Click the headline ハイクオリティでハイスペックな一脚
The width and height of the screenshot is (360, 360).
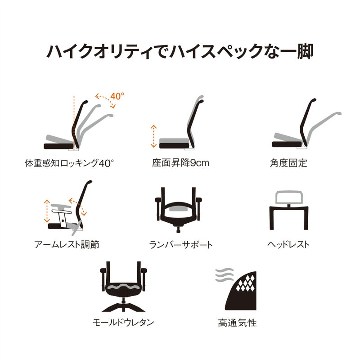pyautogui.click(x=180, y=51)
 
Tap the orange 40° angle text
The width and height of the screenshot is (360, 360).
pyautogui.click(x=117, y=96)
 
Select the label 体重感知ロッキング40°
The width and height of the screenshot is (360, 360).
pyautogui.click(x=69, y=163)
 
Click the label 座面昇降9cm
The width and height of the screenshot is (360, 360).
pyautogui.click(x=180, y=163)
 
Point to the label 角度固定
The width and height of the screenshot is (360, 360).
pyautogui.click(x=288, y=163)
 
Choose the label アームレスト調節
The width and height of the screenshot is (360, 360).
pyautogui.click(x=67, y=244)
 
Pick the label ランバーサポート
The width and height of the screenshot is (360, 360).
pyautogui.click(x=181, y=245)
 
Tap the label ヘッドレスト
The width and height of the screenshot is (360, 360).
pyautogui.click(x=288, y=244)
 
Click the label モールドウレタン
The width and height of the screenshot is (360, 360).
pyautogui.click(x=123, y=322)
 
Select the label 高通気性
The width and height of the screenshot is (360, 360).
pyautogui.click(x=237, y=323)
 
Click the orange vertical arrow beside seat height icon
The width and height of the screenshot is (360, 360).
pyautogui.click(x=153, y=136)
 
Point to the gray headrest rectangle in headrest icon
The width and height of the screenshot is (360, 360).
pyautogui.click(x=289, y=197)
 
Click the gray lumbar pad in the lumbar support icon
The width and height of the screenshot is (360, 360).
pyautogui.click(x=178, y=208)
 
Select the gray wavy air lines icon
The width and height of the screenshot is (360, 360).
pyautogui.click(x=224, y=275)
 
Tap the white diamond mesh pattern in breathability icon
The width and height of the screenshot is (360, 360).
pyautogui.click(x=246, y=283)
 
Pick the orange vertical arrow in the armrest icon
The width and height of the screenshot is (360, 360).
pyautogui.click(x=47, y=211)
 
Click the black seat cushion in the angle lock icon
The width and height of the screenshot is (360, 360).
pyautogui.click(x=287, y=144)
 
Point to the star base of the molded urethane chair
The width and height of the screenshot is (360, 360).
pyautogui.click(x=123, y=307)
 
